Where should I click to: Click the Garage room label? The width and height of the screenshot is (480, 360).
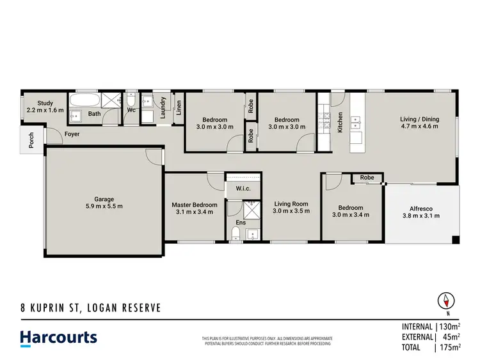[104, 198]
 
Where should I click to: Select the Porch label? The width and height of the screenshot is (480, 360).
[31, 140]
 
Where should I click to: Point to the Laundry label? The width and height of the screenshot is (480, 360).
[164, 107]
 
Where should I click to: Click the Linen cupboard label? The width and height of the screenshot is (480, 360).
[179, 107]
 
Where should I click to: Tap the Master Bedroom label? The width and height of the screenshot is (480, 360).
[194, 205]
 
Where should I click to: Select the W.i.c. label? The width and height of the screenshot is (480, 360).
[243, 188]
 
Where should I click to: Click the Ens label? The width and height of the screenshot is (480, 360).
[241, 223]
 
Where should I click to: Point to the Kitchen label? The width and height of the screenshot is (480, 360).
[340, 122]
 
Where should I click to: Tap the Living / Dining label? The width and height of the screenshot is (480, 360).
[419, 118]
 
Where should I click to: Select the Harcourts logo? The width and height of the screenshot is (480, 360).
[58, 338]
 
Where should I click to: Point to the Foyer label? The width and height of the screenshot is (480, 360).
[71, 134]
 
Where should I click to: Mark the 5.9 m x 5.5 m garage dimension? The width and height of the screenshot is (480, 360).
[104, 206]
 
